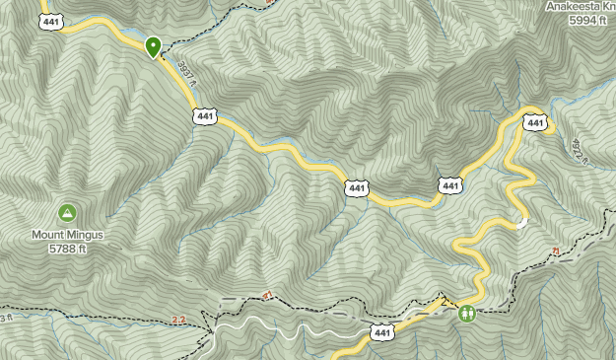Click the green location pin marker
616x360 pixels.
(x=154, y=46)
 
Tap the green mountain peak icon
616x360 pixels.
(x=67, y=212)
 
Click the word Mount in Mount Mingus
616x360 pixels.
(x=49, y=235)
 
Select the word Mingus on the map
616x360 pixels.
(x=86, y=235)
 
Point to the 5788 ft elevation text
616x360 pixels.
(x=67, y=249)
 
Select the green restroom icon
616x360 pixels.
(x=467, y=314)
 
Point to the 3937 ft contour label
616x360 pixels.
(x=186, y=74)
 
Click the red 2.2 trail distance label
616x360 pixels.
(x=178, y=320)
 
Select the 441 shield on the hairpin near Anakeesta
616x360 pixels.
(x=535, y=123)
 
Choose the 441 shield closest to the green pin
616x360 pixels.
(x=205, y=116)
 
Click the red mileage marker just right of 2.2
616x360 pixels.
(x=267, y=295)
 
